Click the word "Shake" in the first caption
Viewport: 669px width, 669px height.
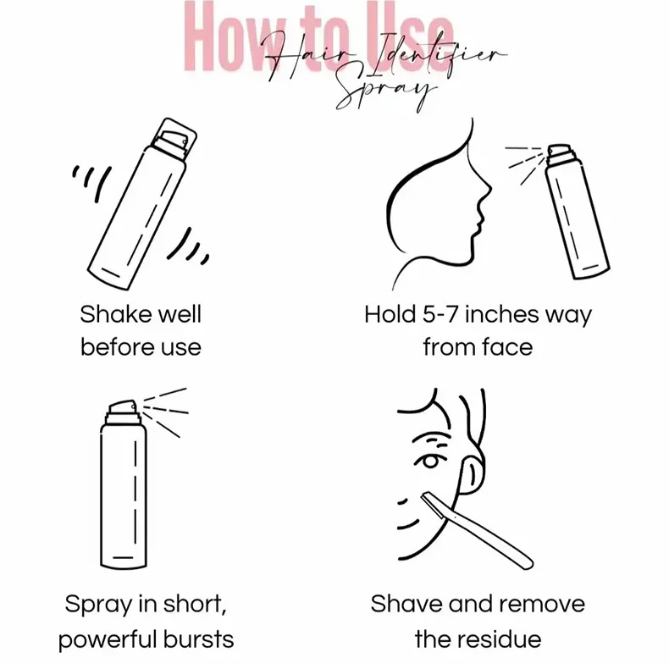click(x=117, y=314)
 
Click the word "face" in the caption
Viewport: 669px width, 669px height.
click(x=508, y=346)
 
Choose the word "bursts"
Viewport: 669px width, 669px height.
click(x=199, y=639)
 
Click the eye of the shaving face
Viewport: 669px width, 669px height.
click(x=430, y=462)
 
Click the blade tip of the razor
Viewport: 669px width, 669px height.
click(x=423, y=496)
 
